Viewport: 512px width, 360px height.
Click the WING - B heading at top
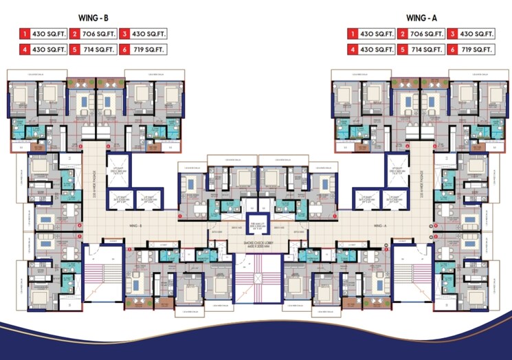pyautogui.click(x=94, y=16)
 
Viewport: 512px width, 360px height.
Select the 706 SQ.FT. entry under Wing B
pyautogui.click(x=94, y=33)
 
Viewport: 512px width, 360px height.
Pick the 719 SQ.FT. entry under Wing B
pyautogui.click(x=144, y=49)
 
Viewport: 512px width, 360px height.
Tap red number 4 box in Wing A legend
pyautogui.click(x=353, y=49)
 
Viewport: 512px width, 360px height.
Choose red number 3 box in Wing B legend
pyautogui.click(x=125, y=33)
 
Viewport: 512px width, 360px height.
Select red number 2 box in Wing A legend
pyautogui.click(x=403, y=33)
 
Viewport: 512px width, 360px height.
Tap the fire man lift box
pyautogui.click(x=256, y=227)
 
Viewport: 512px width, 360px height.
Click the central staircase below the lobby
pyautogui.click(x=256, y=278)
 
